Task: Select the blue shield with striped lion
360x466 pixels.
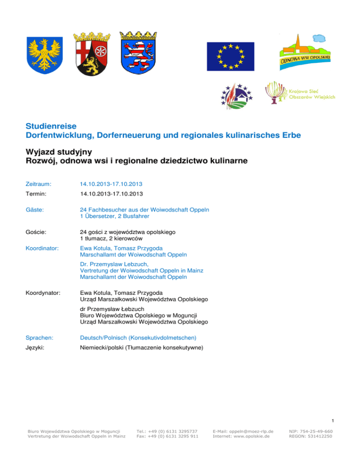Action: click(138, 53)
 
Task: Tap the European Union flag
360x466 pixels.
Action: click(231, 56)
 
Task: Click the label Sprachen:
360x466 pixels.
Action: click(40, 336)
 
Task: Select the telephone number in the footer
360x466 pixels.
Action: click(166, 431)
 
